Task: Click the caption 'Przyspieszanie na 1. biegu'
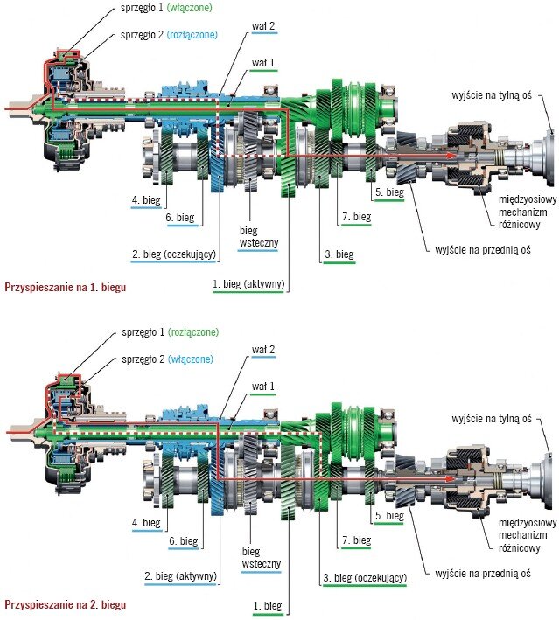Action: [x=66, y=287]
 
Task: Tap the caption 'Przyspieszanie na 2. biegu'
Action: [x=66, y=604]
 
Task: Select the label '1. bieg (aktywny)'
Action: [x=248, y=284]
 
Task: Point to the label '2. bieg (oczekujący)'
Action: [x=174, y=254]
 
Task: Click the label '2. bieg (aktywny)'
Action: [x=180, y=575]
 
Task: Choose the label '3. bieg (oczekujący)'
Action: [x=365, y=578]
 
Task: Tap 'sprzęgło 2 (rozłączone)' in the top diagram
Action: [x=170, y=35]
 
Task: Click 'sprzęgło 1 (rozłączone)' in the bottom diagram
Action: [x=170, y=332]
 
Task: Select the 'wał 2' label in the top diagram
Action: [x=263, y=26]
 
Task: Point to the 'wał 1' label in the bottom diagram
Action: [x=263, y=386]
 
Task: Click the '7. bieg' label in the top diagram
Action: [x=356, y=217]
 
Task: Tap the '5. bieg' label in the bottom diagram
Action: [x=389, y=516]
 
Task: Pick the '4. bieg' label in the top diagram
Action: [x=146, y=200]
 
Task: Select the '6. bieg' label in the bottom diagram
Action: [x=184, y=541]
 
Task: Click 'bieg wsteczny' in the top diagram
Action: [x=259, y=236]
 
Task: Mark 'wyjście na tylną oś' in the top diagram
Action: [x=492, y=95]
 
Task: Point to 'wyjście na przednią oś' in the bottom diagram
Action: [x=483, y=574]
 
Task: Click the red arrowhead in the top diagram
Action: [x=451, y=156]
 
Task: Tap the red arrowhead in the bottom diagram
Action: [x=451, y=479]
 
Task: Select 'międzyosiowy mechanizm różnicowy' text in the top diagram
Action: [x=527, y=212]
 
